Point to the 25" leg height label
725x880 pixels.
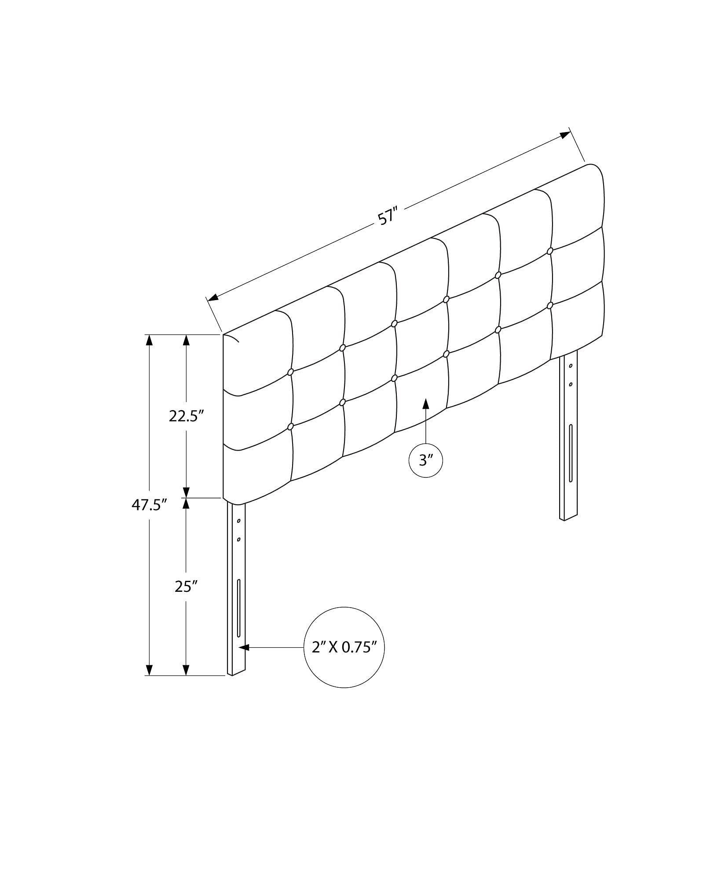point(186,586)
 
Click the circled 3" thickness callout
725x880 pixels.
point(426,461)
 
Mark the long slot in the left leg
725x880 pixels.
point(239,608)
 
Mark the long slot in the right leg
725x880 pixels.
point(571,453)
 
